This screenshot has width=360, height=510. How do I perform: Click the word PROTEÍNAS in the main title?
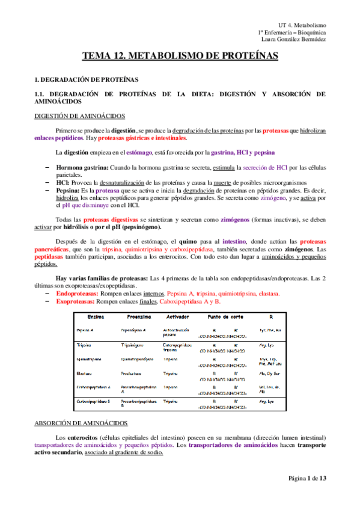click(245, 57)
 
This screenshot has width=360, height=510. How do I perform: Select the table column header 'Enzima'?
click(95, 316)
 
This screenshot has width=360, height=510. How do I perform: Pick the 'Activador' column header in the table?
click(180, 316)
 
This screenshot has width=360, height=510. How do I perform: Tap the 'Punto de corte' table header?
click(225, 316)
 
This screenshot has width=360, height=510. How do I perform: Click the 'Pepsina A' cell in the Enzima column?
click(86, 330)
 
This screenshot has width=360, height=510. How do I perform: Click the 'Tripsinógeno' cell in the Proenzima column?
click(135, 345)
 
